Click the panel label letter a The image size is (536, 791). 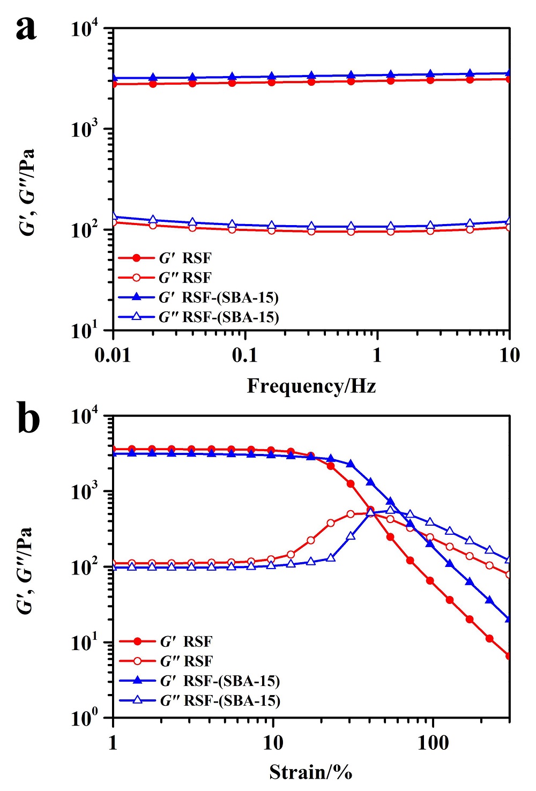click(x=26, y=28)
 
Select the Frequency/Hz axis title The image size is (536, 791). click(x=311, y=386)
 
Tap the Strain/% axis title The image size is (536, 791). click(x=311, y=772)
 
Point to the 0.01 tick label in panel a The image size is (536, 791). click(x=113, y=355)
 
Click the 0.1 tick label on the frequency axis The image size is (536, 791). click(x=245, y=355)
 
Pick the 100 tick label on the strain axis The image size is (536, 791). click(x=433, y=743)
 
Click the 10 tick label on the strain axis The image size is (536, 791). click(x=273, y=743)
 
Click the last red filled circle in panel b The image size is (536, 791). click(x=509, y=656)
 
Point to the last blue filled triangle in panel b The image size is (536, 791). click(x=509, y=619)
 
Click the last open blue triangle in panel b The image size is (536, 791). click(x=509, y=559)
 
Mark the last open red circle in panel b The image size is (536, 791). click(x=509, y=574)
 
